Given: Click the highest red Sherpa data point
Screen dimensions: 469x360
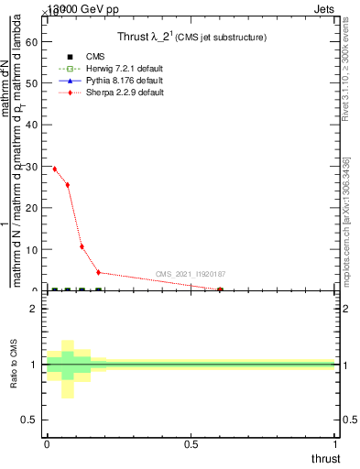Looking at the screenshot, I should click(x=55, y=169).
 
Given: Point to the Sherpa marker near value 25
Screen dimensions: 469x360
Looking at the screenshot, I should click(x=68, y=185).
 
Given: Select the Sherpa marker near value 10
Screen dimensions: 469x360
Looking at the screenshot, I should click(x=82, y=246).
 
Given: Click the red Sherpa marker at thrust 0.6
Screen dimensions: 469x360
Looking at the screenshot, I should click(x=220, y=289).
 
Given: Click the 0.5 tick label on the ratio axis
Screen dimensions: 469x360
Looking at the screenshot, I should click(x=29, y=420).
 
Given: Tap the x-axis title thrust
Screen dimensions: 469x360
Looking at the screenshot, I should click(x=324, y=458).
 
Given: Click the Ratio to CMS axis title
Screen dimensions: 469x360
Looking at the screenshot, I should click(x=14, y=365).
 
